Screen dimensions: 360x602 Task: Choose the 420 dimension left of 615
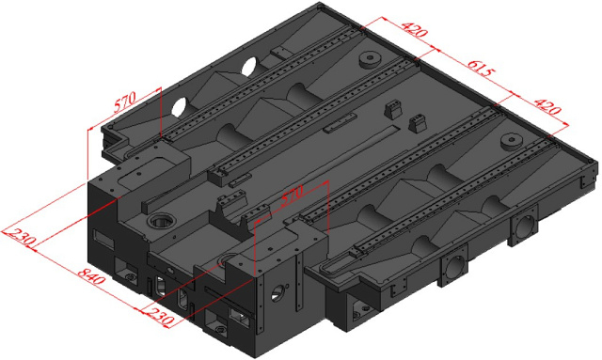(x=411, y=31)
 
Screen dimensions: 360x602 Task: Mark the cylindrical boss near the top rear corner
(x=368, y=62)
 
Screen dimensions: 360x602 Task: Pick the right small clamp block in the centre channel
(x=417, y=122)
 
